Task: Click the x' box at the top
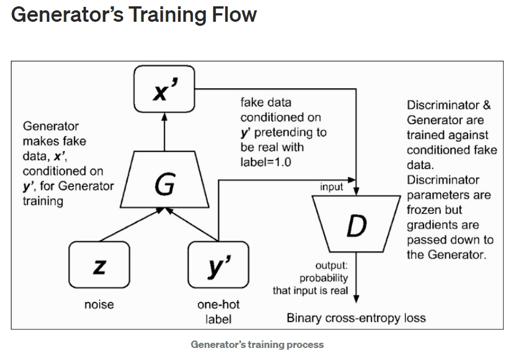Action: point(164,89)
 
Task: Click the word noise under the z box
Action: point(99,305)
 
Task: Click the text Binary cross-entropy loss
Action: point(356,318)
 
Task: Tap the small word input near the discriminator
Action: point(332,187)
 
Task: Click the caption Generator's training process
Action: point(257,345)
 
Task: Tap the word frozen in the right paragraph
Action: point(424,210)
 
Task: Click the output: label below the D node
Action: point(332,265)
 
